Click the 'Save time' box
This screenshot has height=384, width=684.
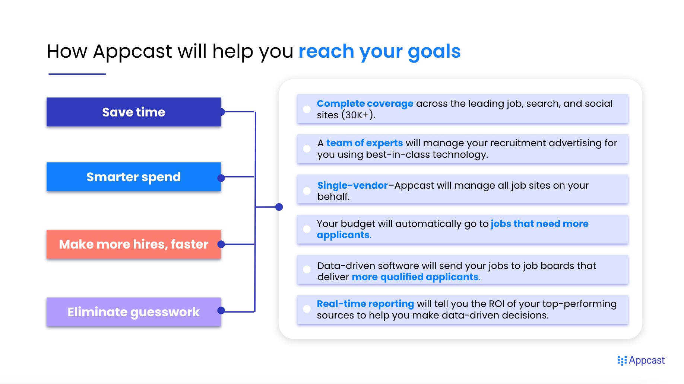(134, 112)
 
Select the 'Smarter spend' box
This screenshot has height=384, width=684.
(134, 177)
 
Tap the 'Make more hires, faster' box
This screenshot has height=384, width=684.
(134, 244)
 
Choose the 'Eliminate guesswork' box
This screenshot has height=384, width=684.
(134, 312)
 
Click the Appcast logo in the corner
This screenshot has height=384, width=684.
(641, 360)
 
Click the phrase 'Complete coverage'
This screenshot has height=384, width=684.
(365, 103)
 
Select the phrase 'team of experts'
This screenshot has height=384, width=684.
(364, 143)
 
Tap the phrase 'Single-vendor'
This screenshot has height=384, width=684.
(352, 185)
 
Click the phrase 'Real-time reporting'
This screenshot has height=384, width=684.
(365, 304)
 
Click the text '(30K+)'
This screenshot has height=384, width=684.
(357, 115)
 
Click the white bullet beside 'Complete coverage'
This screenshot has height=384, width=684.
(307, 109)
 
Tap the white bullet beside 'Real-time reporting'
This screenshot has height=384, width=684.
(307, 309)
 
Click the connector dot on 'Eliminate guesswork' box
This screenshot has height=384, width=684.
(221, 310)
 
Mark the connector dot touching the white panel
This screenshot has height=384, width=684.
(279, 207)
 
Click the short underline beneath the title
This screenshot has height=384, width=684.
(77, 74)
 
